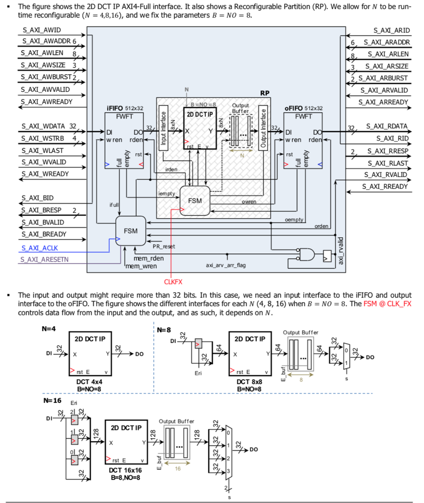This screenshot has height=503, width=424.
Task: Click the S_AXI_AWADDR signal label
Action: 43,41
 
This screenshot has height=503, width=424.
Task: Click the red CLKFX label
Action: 173,281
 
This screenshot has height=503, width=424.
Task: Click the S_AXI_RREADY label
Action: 385,186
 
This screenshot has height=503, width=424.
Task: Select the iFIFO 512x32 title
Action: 125,108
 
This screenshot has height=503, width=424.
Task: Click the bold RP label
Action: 265,92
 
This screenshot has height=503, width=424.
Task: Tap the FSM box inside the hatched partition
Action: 195,200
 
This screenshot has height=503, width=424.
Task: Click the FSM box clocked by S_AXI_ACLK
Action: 130,230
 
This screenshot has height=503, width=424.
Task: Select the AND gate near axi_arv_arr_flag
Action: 307,253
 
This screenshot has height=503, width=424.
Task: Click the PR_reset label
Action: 164,246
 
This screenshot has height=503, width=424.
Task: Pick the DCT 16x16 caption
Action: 125,470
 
